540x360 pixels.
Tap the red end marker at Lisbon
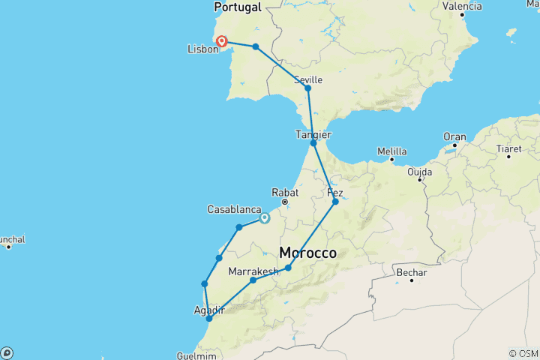[x=222, y=41]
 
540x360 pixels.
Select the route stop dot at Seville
[x=307, y=88]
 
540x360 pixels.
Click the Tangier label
[x=313, y=134]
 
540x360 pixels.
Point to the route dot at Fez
[x=335, y=202]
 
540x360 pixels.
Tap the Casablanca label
[x=233, y=210]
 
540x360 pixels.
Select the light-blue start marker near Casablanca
[x=265, y=219]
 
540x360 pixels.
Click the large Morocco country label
[x=308, y=253]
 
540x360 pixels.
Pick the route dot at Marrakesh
[x=253, y=280]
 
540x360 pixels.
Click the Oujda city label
[x=420, y=171]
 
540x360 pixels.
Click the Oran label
[x=454, y=136]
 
